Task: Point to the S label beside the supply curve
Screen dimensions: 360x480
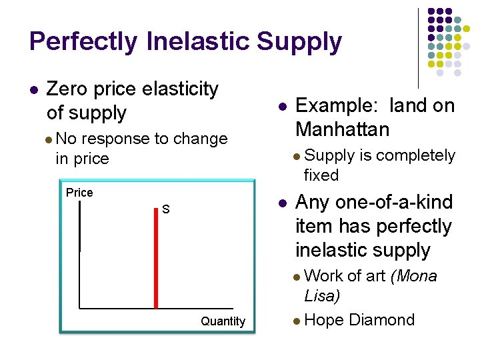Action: click(166, 210)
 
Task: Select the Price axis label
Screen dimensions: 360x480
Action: click(79, 193)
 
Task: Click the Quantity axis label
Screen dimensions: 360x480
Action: click(223, 321)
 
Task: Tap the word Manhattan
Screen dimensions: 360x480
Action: click(343, 129)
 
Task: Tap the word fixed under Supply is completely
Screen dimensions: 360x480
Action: click(321, 175)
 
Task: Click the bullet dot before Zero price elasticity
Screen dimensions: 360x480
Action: click(34, 89)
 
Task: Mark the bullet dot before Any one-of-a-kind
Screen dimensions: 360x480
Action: click(283, 203)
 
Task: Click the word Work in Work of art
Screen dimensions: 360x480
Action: click(323, 276)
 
